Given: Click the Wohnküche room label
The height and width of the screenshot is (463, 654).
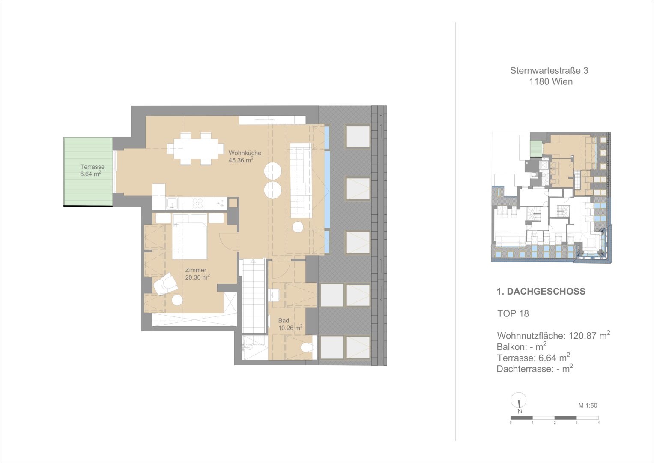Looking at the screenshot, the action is [245, 153].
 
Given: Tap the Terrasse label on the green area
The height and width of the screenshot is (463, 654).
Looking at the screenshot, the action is [92, 167].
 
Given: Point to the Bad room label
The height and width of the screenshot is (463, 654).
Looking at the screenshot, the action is [284, 320].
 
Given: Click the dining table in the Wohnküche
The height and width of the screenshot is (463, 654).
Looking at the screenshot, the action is [196, 149].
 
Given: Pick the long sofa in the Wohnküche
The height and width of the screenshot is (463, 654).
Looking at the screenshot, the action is [301, 180].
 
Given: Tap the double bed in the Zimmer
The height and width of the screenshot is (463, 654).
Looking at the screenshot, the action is [189, 236].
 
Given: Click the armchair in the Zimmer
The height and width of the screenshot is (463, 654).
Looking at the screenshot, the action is [165, 284].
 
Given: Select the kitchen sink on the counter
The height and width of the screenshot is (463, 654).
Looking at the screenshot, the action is [172, 203].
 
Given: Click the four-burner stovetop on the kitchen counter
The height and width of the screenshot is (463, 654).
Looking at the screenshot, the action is [198, 203].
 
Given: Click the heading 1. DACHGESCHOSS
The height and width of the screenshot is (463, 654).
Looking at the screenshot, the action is [541, 291].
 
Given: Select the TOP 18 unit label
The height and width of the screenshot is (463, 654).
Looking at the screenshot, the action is [513, 314].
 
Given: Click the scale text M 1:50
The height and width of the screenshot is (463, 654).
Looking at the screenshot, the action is [588, 406].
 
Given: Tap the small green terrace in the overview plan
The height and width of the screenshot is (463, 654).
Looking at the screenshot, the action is [536, 149].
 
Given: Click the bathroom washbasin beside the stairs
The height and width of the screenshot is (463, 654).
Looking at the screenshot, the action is [275, 295].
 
